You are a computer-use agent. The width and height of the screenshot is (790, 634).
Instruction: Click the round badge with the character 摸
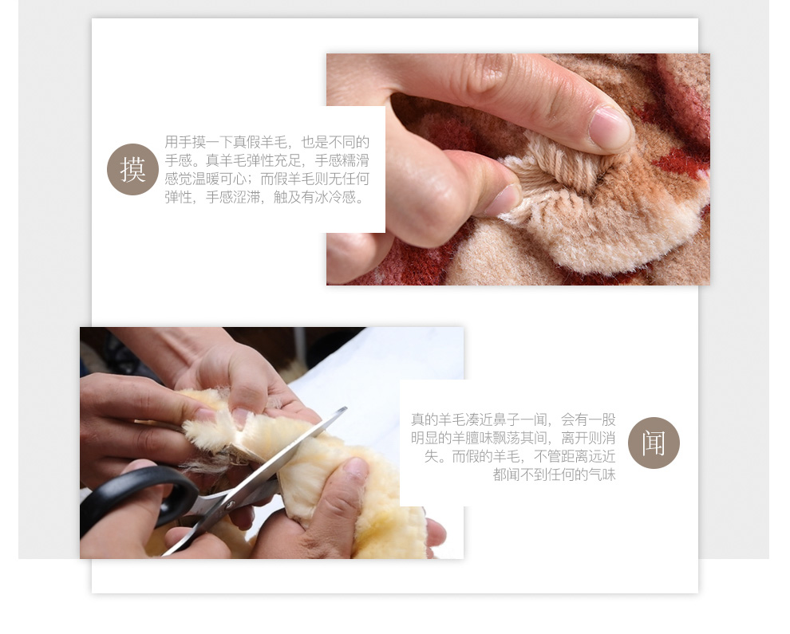point(132,170)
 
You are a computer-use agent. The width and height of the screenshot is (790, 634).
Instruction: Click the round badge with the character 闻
point(654,443)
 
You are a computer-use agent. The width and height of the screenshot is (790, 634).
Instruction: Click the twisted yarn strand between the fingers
point(564,161)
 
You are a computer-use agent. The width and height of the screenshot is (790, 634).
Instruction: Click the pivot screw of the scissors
point(231,504)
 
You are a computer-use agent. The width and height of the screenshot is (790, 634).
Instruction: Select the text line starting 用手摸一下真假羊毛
point(267,143)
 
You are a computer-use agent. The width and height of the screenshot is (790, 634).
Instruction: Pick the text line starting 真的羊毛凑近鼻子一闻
point(513,420)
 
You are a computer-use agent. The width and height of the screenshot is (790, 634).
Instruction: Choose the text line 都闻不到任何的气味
point(555,475)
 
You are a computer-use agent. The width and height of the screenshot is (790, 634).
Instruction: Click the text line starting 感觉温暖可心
point(267,179)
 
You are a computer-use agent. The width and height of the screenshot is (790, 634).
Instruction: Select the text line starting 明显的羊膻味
point(513,438)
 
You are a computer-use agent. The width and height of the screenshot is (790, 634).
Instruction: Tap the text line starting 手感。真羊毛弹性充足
point(267,160)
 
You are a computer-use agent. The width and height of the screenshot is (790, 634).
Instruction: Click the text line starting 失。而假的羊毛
point(520,457)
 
